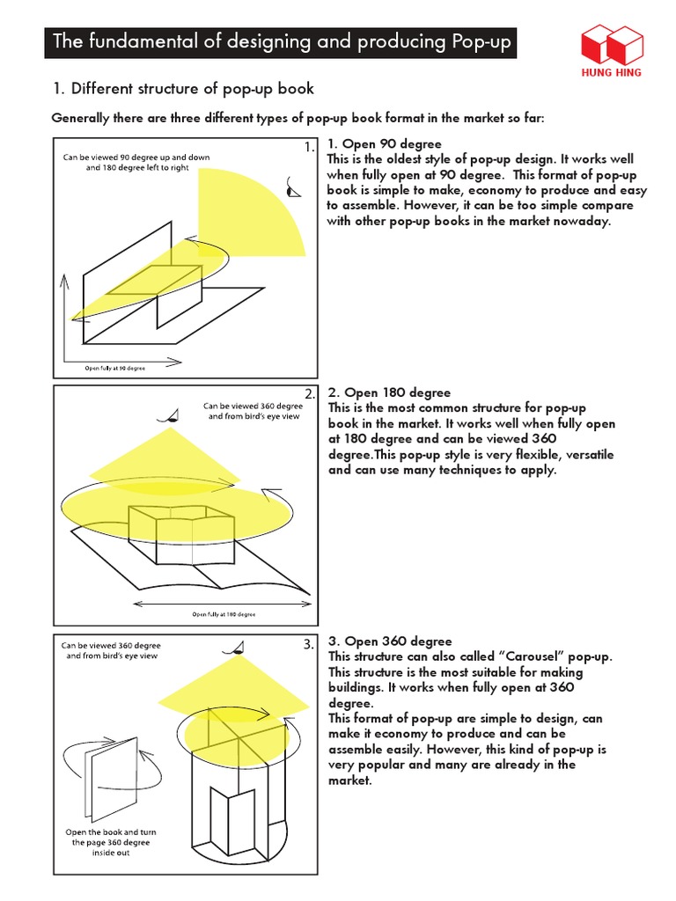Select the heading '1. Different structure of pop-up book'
coord(183,89)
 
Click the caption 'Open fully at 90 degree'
coord(114,367)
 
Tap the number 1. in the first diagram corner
coord(307,148)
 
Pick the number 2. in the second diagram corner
coord(309,393)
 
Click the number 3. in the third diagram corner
coord(308,644)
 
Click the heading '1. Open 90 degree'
coord(384,143)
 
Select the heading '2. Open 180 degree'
coord(388,392)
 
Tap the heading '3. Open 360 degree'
coord(389,641)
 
